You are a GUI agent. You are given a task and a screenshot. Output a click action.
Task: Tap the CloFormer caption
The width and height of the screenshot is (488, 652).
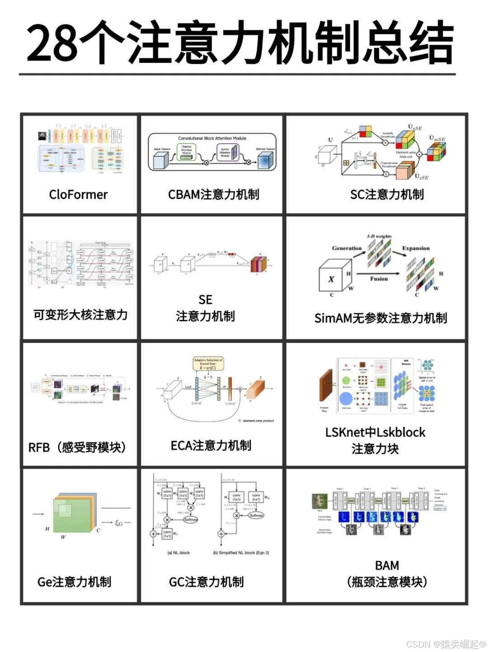[x=78, y=195]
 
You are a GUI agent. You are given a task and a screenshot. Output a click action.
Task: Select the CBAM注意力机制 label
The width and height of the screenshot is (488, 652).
[x=213, y=195]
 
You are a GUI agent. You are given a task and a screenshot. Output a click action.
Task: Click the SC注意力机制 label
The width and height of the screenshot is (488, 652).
[x=387, y=195]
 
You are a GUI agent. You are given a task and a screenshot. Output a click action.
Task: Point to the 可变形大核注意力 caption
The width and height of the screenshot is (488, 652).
[x=80, y=314]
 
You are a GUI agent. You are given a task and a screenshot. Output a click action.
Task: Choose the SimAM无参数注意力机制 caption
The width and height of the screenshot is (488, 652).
[x=380, y=318]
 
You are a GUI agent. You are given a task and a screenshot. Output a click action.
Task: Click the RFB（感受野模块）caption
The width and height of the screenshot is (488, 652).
[x=77, y=447]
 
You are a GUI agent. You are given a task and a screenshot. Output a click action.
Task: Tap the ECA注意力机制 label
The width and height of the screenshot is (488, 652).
[x=211, y=446]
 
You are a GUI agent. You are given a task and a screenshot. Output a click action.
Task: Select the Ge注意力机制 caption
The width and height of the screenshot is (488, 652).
[x=74, y=582]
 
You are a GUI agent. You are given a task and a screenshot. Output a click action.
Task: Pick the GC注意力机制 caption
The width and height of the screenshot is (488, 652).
[x=206, y=582]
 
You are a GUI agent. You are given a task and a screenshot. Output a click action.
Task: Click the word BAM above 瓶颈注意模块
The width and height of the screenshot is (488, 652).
[x=387, y=566]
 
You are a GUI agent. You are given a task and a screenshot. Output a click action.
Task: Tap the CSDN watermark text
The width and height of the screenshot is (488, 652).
[x=445, y=644]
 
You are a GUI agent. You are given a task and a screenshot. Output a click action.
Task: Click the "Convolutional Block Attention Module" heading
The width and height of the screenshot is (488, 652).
[x=212, y=138]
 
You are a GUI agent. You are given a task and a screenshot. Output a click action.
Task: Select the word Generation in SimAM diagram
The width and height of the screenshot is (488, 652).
[x=347, y=248]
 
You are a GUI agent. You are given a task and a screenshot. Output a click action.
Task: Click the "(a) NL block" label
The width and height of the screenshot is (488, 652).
[x=178, y=553]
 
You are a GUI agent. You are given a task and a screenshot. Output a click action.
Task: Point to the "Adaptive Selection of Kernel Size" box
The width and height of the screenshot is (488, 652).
[x=208, y=364]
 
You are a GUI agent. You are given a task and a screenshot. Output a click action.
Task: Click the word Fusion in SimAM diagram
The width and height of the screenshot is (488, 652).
[x=379, y=279]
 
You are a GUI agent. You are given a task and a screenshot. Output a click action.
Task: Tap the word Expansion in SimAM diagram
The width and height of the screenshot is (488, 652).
[x=416, y=248]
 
